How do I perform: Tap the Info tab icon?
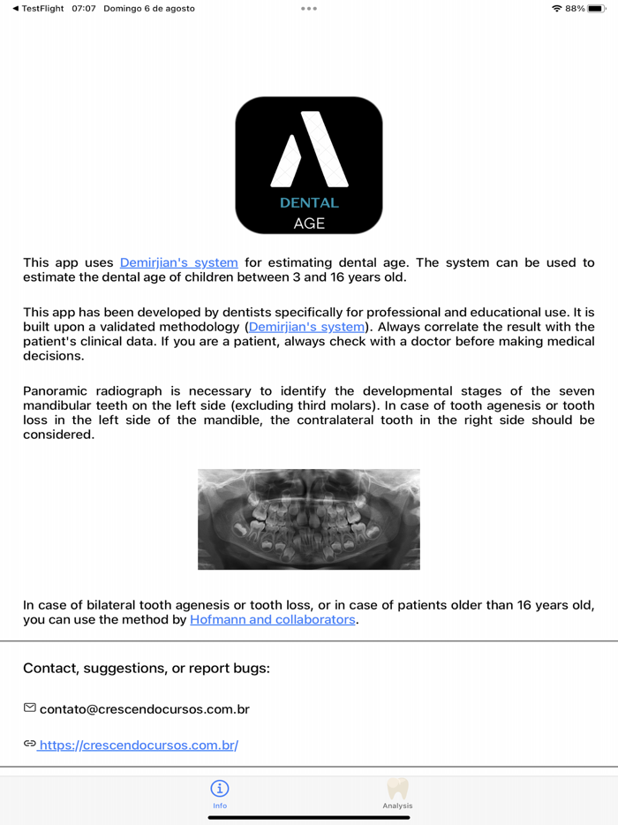tap(220, 788)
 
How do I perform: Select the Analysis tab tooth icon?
tap(397, 788)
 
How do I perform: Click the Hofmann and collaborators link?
tap(273, 620)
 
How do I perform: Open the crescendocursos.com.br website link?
tap(139, 746)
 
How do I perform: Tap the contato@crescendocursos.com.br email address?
tap(145, 709)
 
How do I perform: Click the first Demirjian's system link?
tap(178, 262)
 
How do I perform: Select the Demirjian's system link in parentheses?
tap(306, 327)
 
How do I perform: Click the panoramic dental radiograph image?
tap(309, 519)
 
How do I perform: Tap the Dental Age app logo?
tap(309, 165)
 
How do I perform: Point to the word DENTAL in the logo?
tap(309, 203)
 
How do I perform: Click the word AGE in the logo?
tap(309, 223)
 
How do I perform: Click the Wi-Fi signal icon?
tap(556, 8)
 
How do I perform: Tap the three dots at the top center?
tap(309, 8)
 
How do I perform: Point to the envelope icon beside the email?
tap(30, 708)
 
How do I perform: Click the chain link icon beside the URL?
tap(30, 745)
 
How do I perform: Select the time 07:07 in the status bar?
tap(84, 8)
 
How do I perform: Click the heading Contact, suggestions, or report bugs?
tap(147, 669)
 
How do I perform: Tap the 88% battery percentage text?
tap(575, 8)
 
